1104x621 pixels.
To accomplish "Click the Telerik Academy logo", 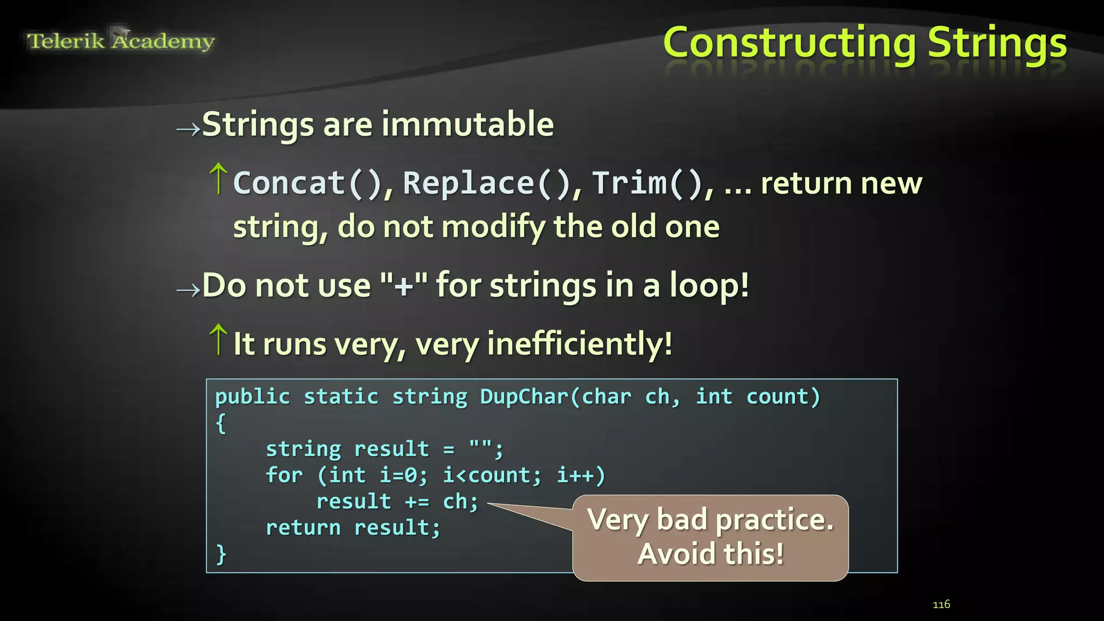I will click(x=121, y=41).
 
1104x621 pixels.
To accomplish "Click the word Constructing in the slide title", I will click(x=789, y=43).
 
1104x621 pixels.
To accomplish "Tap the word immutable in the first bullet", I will click(x=467, y=125).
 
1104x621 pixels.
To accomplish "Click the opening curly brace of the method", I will click(x=220, y=423).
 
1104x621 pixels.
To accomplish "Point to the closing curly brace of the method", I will click(x=221, y=554).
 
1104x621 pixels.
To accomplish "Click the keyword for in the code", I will click(x=284, y=475).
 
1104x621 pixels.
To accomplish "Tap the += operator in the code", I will click(x=417, y=502).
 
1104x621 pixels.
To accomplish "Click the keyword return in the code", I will click(x=303, y=528).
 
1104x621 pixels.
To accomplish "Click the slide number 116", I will click(x=941, y=604).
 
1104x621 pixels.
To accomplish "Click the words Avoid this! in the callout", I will click(x=710, y=554).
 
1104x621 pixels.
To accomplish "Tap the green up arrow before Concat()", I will click(x=218, y=178).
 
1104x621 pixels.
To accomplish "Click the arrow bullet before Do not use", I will click(x=188, y=290).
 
